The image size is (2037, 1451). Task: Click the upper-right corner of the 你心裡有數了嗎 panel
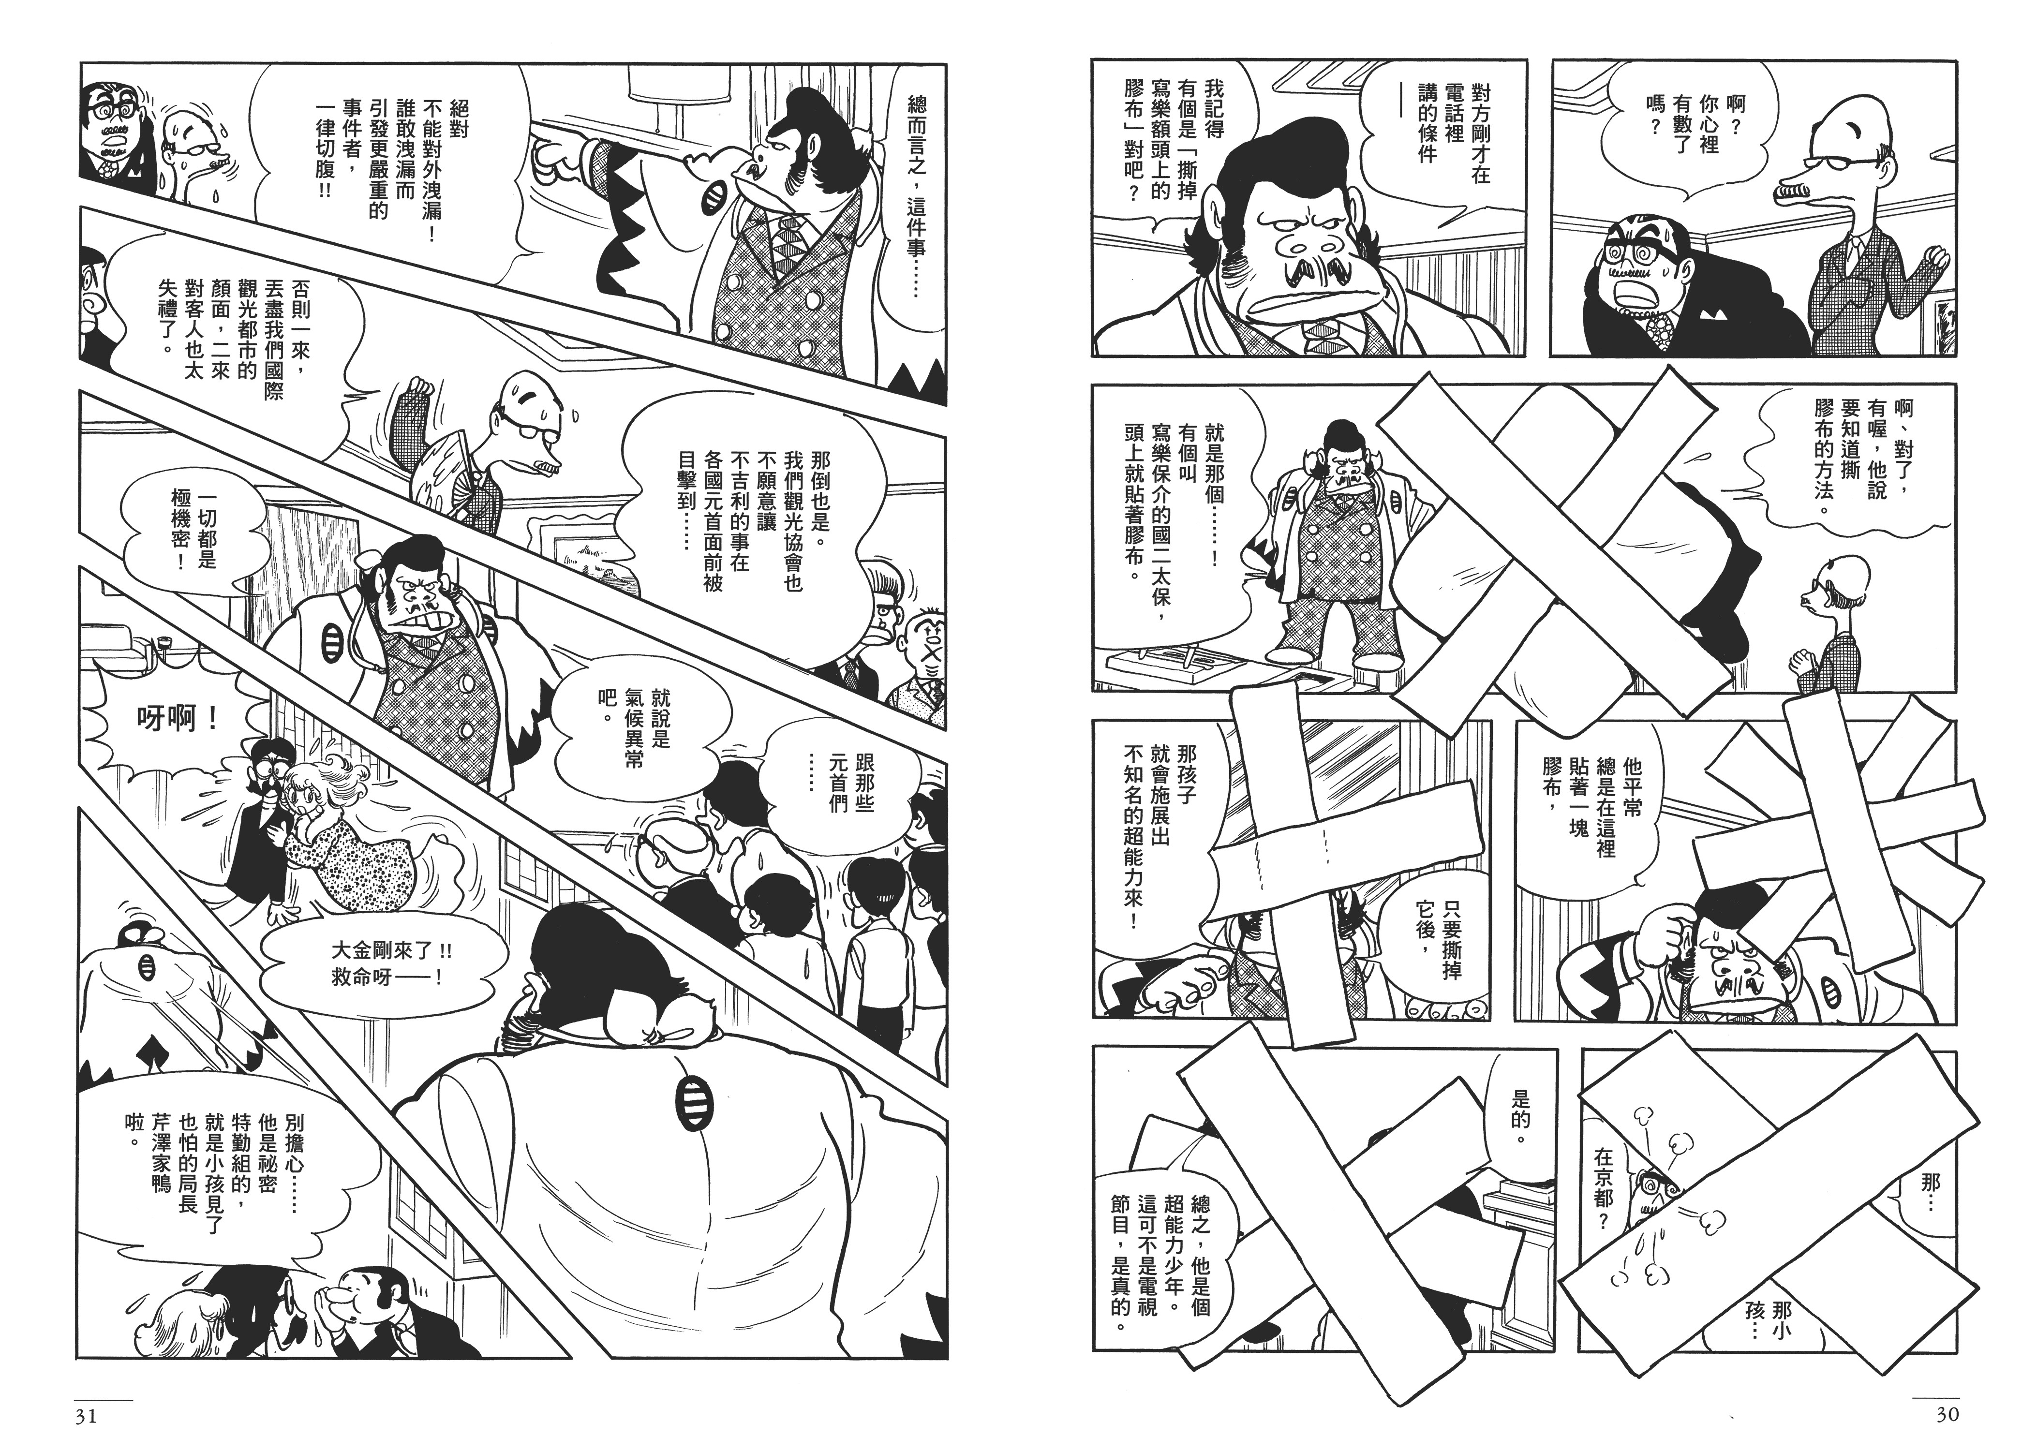pos(1969,61)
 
